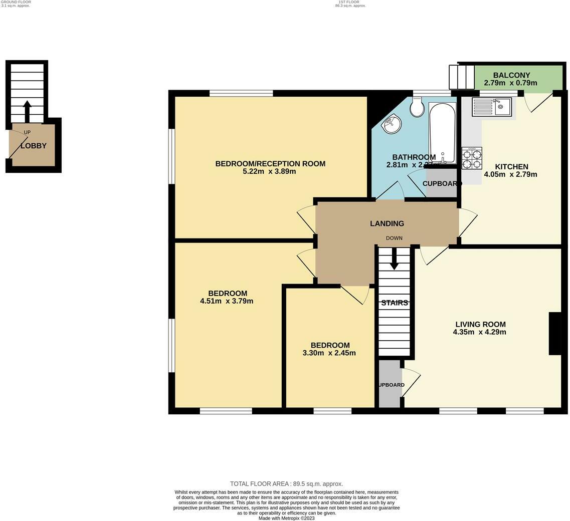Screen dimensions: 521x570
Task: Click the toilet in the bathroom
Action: click(x=417, y=106)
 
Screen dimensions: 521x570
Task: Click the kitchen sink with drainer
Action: click(x=492, y=107)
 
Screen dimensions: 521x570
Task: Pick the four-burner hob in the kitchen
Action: click(x=472, y=158)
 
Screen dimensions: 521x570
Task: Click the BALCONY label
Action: click(x=511, y=75)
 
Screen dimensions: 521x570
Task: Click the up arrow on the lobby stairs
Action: click(x=27, y=110)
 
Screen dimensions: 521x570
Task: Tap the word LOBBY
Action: click(x=34, y=146)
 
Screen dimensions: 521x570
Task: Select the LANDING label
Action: click(x=387, y=223)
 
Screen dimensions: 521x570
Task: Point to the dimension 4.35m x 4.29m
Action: click(x=479, y=332)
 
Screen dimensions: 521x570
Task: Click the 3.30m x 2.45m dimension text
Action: click(x=329, y=353)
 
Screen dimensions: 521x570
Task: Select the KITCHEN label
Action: click(x=511, y=167)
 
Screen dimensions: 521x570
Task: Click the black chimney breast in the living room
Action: click(x=554, y=334)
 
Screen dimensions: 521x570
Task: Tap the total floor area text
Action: click(x=286, y=484)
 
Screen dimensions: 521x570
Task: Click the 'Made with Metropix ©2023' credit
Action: click(x=286, y=518)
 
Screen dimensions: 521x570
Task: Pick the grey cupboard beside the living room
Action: click(x=390, y=384)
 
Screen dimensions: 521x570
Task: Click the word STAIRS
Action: click(x=394, y=303)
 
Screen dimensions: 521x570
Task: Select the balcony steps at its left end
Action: click(x=462, y=77)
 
